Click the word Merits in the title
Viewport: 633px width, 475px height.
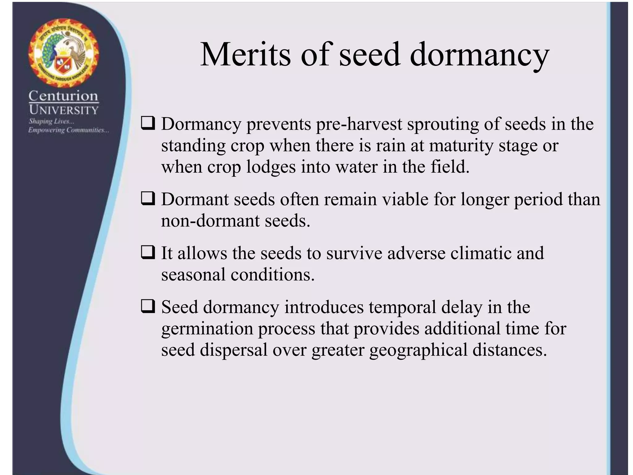coord(246,55)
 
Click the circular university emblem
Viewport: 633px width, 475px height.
coord(63,52)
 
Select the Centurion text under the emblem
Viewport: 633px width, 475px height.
coord(63,96)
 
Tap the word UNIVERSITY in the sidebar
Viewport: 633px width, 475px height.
coord(64,110)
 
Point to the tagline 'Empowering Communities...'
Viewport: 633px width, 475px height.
coord(68,130)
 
